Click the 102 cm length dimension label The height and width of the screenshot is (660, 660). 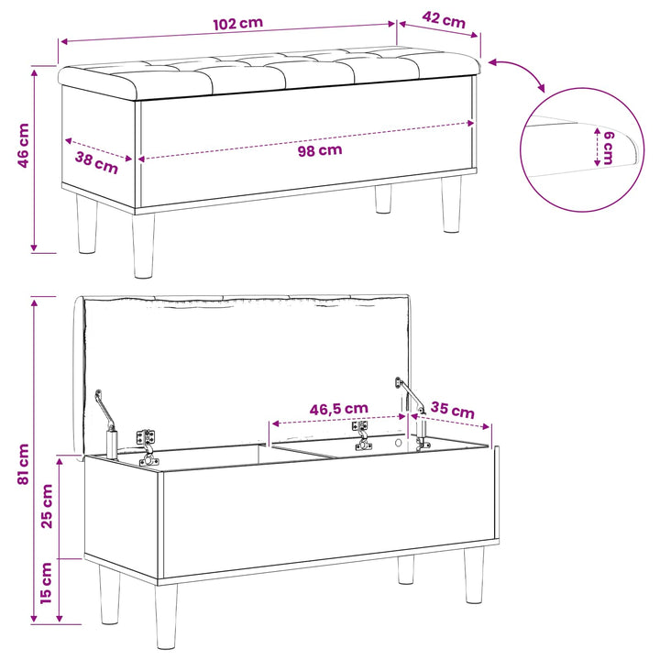(x=237, y=24)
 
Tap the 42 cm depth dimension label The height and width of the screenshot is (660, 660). (x=444, y=20)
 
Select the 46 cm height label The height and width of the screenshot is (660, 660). (x=23, y=146)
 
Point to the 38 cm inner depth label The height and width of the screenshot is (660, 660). (x=96, y=163)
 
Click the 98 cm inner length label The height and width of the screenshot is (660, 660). (x=320, y=150)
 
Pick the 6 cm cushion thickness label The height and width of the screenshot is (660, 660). (x=609, y=148)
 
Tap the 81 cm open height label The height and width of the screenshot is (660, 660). (x=23, y=464)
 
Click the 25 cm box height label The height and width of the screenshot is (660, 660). (x=47, y=506)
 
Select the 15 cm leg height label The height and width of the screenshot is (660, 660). (x=46, y=583)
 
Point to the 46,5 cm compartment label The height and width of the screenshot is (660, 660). (x=339, y=409)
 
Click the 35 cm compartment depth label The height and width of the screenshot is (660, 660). (x=453, y=410)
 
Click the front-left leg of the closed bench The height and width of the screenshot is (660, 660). (x=143, y=246)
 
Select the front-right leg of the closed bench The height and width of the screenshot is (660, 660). (x=452, y=204)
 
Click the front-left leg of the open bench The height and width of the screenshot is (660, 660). (x=165, y=616)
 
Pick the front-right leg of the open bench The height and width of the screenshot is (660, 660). (x=474, y=575)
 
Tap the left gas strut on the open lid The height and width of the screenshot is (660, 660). (x=107, y=424)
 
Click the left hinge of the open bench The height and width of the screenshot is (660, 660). (x=148, y=447)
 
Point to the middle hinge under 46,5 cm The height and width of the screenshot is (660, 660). (x=361, y=435)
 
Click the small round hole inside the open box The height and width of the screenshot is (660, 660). (x=398, y=443)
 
